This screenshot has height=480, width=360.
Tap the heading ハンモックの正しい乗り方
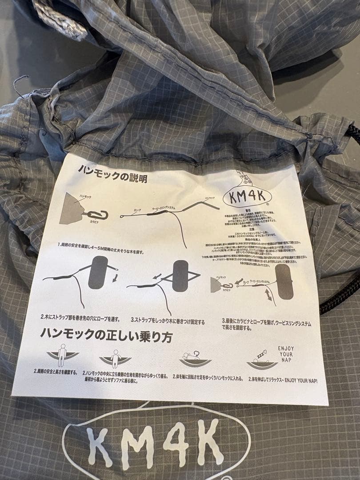[106, 334]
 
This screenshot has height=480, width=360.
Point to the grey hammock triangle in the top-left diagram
[71, 208]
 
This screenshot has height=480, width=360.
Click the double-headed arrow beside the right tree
[269, 293]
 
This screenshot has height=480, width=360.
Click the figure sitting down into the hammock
[115, 358]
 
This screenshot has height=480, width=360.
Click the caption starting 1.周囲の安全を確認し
[107, 245]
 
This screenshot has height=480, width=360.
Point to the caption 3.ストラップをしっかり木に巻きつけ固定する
[168, 319]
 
